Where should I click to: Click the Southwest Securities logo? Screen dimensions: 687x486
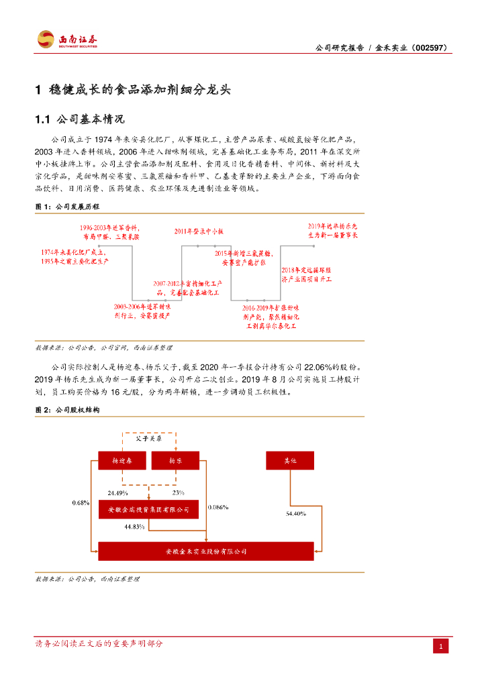pyautogui.click(x=67, y=40)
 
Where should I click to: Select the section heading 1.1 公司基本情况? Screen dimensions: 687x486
pyautogui.click(x=79, y=119)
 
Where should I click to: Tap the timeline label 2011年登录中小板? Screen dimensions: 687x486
pyautogui.click(x=199, y=231)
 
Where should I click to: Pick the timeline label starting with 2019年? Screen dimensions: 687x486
pyautogui.click(x=333, y=231)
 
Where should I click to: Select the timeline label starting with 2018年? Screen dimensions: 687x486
pyautogui.click(x=306, y=274)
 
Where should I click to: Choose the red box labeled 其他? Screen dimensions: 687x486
pyautogui.click(x=290, y=460)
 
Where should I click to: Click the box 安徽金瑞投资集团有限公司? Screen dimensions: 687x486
pyautogui.click(x=148, y=510)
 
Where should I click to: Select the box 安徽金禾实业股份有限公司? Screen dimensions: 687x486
pyautogui.click(x=205, y=551)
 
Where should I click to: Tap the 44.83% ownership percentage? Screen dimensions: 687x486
pyautogui.click(x=135, y=527)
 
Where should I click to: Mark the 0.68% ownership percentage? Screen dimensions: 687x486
pyautogui.click(x=80, y=503)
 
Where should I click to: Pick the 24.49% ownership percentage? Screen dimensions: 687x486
pyautogui.click(x=118, y=493)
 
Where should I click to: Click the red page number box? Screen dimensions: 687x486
pyautogui.click(x=440, y=646)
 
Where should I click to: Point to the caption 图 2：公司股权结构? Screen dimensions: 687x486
pyautogui.click(x=67, y=409)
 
